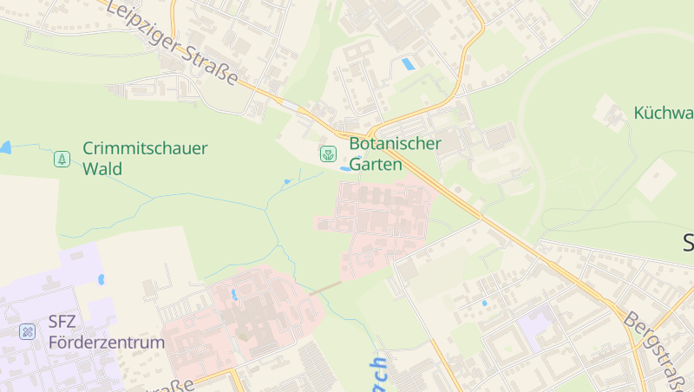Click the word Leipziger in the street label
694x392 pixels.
(x=143, y=25)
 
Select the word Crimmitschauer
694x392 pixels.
(x=145, y=148)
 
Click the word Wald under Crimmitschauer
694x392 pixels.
(x=102, y=168)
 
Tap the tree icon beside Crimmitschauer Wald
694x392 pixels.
(x=62, y=159)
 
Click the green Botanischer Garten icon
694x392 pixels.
(x=328, y=154)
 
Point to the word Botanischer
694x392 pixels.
(x=395, y=143)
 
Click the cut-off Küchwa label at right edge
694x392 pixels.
(x=664, y=113)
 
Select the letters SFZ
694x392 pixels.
(x=62, y=322)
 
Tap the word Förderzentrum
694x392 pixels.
(x=106, y=343)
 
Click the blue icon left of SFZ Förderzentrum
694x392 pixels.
(x=28, y=331)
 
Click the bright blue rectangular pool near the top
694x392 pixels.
(x=408, y=64)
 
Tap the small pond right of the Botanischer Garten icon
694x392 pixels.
(x=346, y=167)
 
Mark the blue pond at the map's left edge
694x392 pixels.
(x=4, y=148)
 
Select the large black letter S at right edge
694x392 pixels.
(x=688, y=244)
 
